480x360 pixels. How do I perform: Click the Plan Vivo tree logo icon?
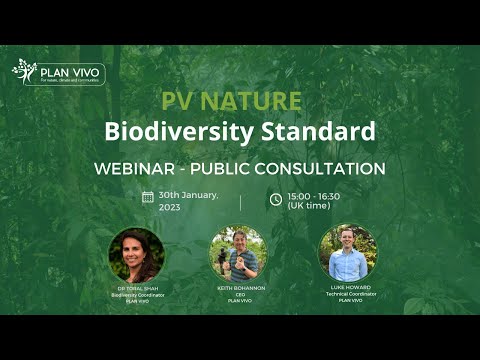pyautogui.click(x=24, y=71)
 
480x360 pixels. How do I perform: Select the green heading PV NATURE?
pyautogui.click(x=231, y=102)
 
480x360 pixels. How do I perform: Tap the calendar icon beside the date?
pyautogui.click(x=148, y=198)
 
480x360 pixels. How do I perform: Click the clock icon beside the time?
pyautogui.click(x=276, y=199)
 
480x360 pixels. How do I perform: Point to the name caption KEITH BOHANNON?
pyautogui.click(x=238, y=289)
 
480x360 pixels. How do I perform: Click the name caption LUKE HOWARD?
pyautogui.click(x=347, y=289)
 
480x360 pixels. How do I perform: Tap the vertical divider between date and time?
pyautogui.click(x=240, y=201)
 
